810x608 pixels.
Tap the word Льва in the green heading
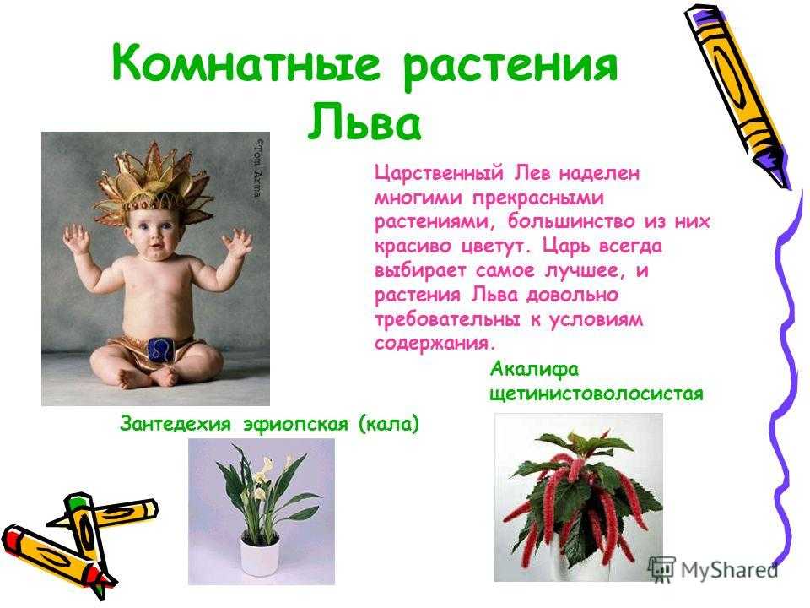click(365, 122)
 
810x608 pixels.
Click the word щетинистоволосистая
click(597, 394)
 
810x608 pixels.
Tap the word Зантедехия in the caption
click(175, 423)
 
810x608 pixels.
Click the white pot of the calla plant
click(261, 553)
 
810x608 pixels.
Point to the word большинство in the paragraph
click(571, 222)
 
